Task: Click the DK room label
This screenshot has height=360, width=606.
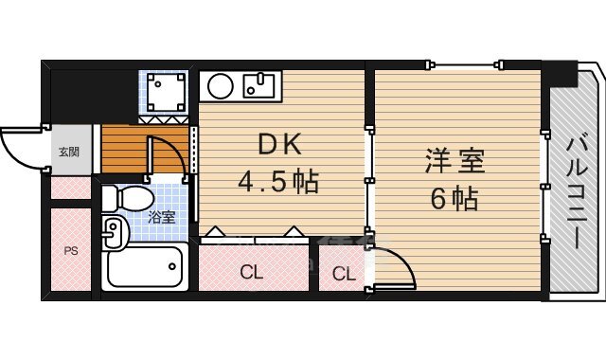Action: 279,144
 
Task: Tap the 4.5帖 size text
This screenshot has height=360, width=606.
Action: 278,182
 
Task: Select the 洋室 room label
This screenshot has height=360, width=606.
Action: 454,161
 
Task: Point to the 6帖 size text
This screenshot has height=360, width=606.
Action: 454,198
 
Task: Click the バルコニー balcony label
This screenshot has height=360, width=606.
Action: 578,190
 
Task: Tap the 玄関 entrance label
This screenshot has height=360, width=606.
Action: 69,152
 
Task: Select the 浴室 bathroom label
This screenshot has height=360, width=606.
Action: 162,217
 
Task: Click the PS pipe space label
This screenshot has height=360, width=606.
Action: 71,251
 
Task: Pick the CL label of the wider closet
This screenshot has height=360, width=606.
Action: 251,273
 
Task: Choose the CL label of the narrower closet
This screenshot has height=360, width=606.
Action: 344,274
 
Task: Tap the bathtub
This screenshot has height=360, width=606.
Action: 145,267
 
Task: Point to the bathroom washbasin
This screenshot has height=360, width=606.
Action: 114,231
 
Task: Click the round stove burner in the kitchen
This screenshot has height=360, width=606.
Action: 221,86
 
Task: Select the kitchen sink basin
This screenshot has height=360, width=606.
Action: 258,86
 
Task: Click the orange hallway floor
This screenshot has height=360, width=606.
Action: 145,149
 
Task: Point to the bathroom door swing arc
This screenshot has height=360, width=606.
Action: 175,149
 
